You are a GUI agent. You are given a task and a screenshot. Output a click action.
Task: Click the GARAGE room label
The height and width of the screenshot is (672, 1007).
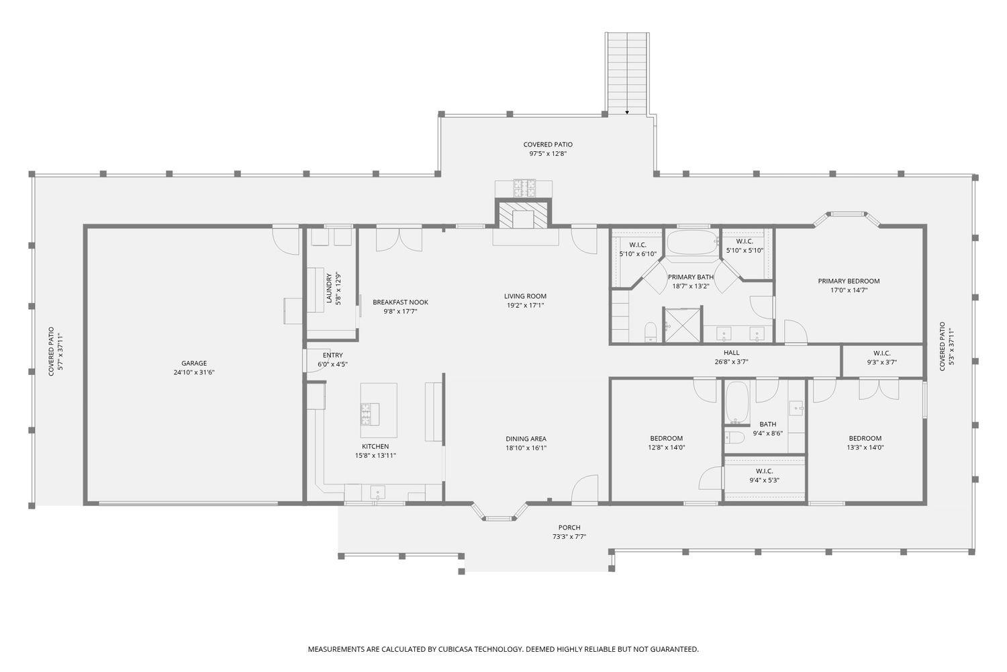194,364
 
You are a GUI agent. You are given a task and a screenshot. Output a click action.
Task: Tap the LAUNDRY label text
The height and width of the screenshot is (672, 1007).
329,288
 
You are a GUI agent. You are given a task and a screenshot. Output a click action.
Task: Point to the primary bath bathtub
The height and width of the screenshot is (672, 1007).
691,243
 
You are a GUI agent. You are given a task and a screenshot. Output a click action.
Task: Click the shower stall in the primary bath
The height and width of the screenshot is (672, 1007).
683,325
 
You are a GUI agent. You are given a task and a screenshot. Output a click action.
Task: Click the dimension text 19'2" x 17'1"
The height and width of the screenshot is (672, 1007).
525,305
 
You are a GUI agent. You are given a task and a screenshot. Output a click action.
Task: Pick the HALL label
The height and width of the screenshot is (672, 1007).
731,353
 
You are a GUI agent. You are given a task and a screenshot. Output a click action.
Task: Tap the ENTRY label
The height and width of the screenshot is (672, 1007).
332,355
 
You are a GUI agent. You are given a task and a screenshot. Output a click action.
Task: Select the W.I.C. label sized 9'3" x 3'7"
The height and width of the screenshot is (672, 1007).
881,362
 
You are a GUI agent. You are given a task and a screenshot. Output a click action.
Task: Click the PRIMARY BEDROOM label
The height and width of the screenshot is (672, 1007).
849,281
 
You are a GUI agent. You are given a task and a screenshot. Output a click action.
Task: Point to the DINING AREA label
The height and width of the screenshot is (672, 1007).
526,439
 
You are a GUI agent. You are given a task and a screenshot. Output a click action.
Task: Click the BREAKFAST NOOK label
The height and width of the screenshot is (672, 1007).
400,302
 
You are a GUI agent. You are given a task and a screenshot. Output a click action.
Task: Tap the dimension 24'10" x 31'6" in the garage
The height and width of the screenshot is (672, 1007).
194,372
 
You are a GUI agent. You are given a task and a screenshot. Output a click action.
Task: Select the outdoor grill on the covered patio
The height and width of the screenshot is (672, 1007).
523,187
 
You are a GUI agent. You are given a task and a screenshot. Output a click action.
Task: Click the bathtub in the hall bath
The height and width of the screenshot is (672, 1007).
736,403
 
